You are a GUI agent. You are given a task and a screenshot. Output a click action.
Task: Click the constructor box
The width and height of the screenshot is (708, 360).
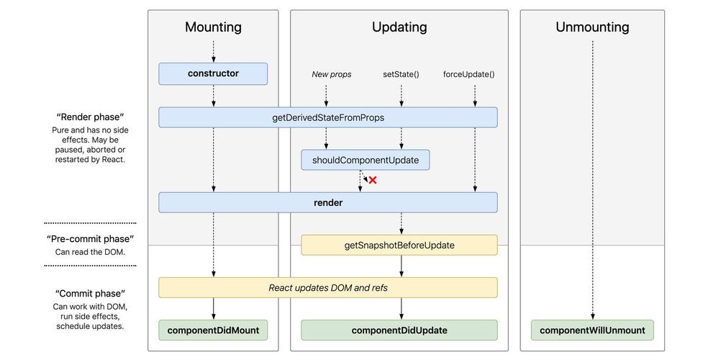[x=213, y=73]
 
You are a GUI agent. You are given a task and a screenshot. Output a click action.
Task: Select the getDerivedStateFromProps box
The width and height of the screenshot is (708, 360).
[x=327, y=117]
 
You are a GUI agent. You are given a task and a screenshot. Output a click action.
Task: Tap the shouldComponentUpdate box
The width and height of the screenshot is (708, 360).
[x=365, y=160]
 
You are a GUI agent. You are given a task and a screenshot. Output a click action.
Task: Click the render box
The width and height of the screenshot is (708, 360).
[x=327, y=202]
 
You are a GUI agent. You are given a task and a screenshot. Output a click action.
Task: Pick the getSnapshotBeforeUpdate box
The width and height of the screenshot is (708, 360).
[x=399, y=245]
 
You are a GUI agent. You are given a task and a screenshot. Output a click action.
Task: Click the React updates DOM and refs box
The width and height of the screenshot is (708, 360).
[x=327, y=287]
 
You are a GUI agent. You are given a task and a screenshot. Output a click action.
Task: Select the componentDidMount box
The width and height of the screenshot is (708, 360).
[x=213, y=330]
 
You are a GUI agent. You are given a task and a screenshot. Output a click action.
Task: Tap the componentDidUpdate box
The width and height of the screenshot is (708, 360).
[x=399, y=330]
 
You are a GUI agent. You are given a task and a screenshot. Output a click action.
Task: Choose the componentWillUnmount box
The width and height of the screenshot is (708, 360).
[x=592, y=330]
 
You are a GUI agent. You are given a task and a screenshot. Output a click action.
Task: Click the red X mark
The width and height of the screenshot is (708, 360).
[x=373, y=180]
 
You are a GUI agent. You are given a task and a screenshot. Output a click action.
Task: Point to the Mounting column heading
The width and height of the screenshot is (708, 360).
[x=213, y=27]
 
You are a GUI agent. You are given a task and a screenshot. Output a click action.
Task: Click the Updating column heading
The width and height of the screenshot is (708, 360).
[x=399, y=27]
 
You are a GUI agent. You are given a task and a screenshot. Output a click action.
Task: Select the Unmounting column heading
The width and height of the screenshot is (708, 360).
[x=592, y=27]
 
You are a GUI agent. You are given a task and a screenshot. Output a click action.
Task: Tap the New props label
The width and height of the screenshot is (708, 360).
[x=331, y=74]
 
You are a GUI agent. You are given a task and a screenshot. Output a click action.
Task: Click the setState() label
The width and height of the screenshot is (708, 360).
[x=401, y=74]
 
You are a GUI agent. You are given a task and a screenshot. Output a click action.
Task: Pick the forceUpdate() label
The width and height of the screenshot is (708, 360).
[x=468, y=74]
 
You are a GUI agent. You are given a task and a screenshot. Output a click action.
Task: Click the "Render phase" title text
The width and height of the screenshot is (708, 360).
[x=90, y=117]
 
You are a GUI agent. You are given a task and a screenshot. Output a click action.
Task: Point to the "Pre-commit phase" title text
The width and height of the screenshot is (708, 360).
[x=90, y=239]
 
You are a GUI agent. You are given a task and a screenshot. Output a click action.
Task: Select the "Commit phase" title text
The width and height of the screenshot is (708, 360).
[x=90, y=294]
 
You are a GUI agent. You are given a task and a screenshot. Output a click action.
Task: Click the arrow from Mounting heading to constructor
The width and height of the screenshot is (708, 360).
[x=213, y=51]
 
